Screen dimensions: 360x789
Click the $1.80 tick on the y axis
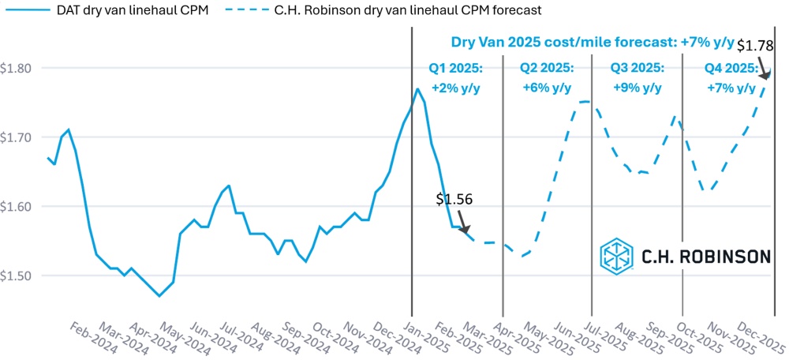pos(15,68)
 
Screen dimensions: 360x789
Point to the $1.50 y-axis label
pos(15,276)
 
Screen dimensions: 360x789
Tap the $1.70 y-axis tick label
pos(15,137)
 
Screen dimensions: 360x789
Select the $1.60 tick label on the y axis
pos(15,207)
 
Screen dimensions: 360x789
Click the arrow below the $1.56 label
pos(463,223)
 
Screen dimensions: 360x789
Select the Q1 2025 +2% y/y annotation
pos(457,77)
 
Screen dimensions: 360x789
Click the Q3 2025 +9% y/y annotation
pos(638,77)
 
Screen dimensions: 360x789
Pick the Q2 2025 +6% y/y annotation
pos(547,77)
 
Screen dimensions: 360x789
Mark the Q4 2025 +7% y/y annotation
pos(731,77)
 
